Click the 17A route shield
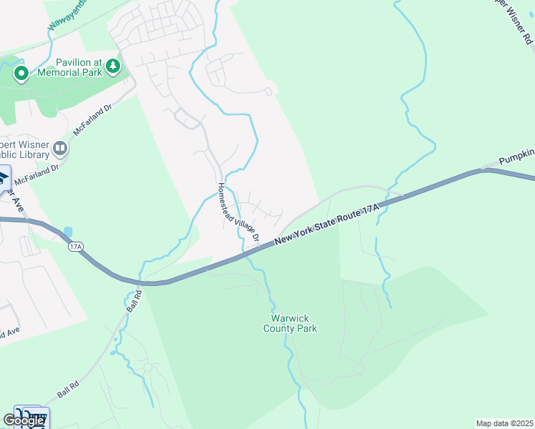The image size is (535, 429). point(77,247)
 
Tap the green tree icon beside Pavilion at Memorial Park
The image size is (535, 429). point(112,66)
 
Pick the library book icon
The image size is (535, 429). point(60,149)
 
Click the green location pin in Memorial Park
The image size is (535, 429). point(21,73)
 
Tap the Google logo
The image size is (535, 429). point(24,420)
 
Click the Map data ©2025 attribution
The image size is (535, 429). point(504,423)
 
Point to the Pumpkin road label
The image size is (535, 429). point(516,155)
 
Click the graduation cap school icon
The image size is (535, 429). point(4,176)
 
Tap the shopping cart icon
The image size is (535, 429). point(37,417)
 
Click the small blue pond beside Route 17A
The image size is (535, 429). point(68,232)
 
